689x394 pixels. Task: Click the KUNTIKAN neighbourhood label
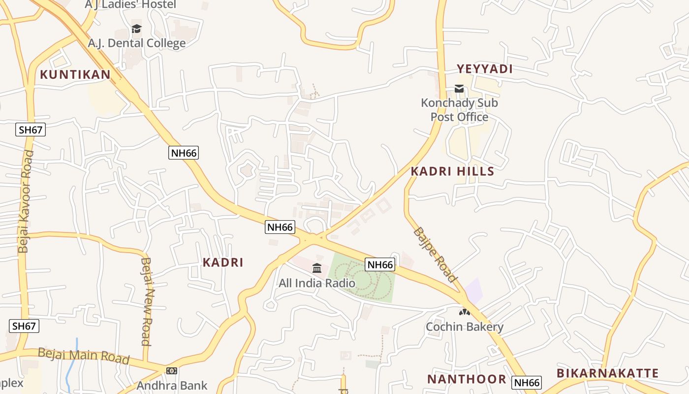[75, 75]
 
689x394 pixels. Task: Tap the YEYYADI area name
[485, 69]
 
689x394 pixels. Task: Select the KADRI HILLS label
[452, 171]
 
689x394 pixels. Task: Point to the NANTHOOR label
[467, 379]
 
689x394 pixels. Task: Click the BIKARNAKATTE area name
[607, 373]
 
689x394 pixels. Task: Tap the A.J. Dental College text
[136, 43]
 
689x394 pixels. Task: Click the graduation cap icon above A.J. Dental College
[136, 29]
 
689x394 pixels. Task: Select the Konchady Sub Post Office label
[459, 110]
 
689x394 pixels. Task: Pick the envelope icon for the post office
[459, 89]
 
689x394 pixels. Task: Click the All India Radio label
[317, 283]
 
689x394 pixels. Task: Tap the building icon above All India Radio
[317, 268]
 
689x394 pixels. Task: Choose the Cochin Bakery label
[464, 327]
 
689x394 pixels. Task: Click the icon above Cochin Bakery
[464, 312]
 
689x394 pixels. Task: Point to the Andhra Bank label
[172, 386]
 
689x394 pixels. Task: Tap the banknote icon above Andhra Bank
[172, 370]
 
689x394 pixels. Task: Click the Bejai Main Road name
[83, 356]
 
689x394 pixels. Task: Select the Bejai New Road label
[146, 301]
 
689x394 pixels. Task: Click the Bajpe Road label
[435, 255]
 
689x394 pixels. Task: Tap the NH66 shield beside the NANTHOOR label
[527, 383]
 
